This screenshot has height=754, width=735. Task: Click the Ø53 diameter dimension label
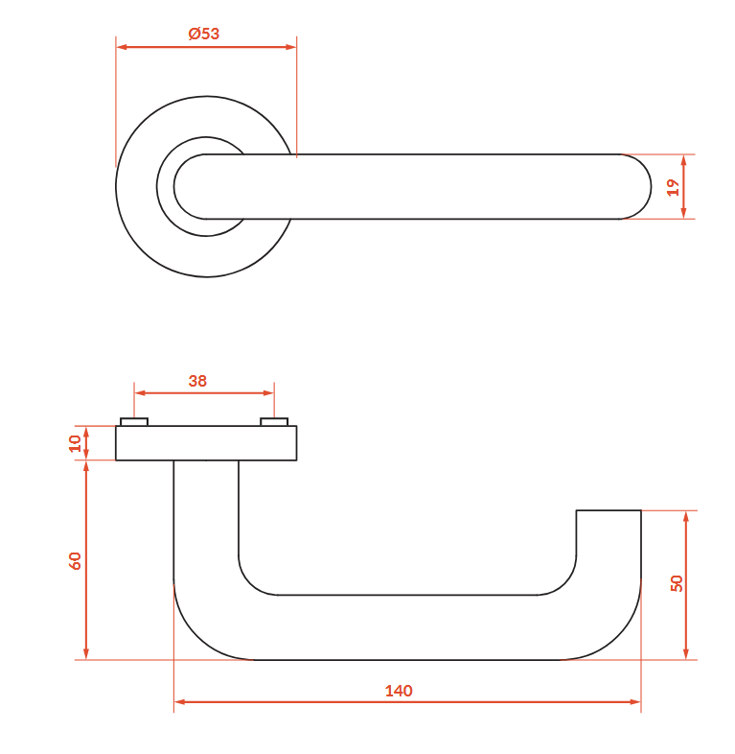click(x=204, y=34)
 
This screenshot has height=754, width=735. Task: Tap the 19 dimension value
click(x=673, y=187)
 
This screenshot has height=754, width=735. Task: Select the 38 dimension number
click(x=197, y=381)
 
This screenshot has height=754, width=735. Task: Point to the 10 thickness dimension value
click(x=75, y=443)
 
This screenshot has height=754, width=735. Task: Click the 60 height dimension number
click(x=75, y=560)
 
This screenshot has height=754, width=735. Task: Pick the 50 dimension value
click(x=676, y=583)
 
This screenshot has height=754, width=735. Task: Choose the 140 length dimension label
click(x=399, y=691)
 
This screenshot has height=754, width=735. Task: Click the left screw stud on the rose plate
click(x=134, y=422)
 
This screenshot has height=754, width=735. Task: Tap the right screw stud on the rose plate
click(x=274, y=422)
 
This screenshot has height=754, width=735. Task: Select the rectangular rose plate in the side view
click(x=206, y=443)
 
